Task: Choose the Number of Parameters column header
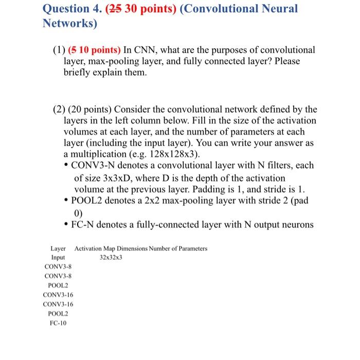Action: click(x=178, y=248)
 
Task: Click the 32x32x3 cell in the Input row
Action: click(x=111, y=257)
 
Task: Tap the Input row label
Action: click(x=58, y=257)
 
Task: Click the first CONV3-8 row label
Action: click(x=58, y=266)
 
